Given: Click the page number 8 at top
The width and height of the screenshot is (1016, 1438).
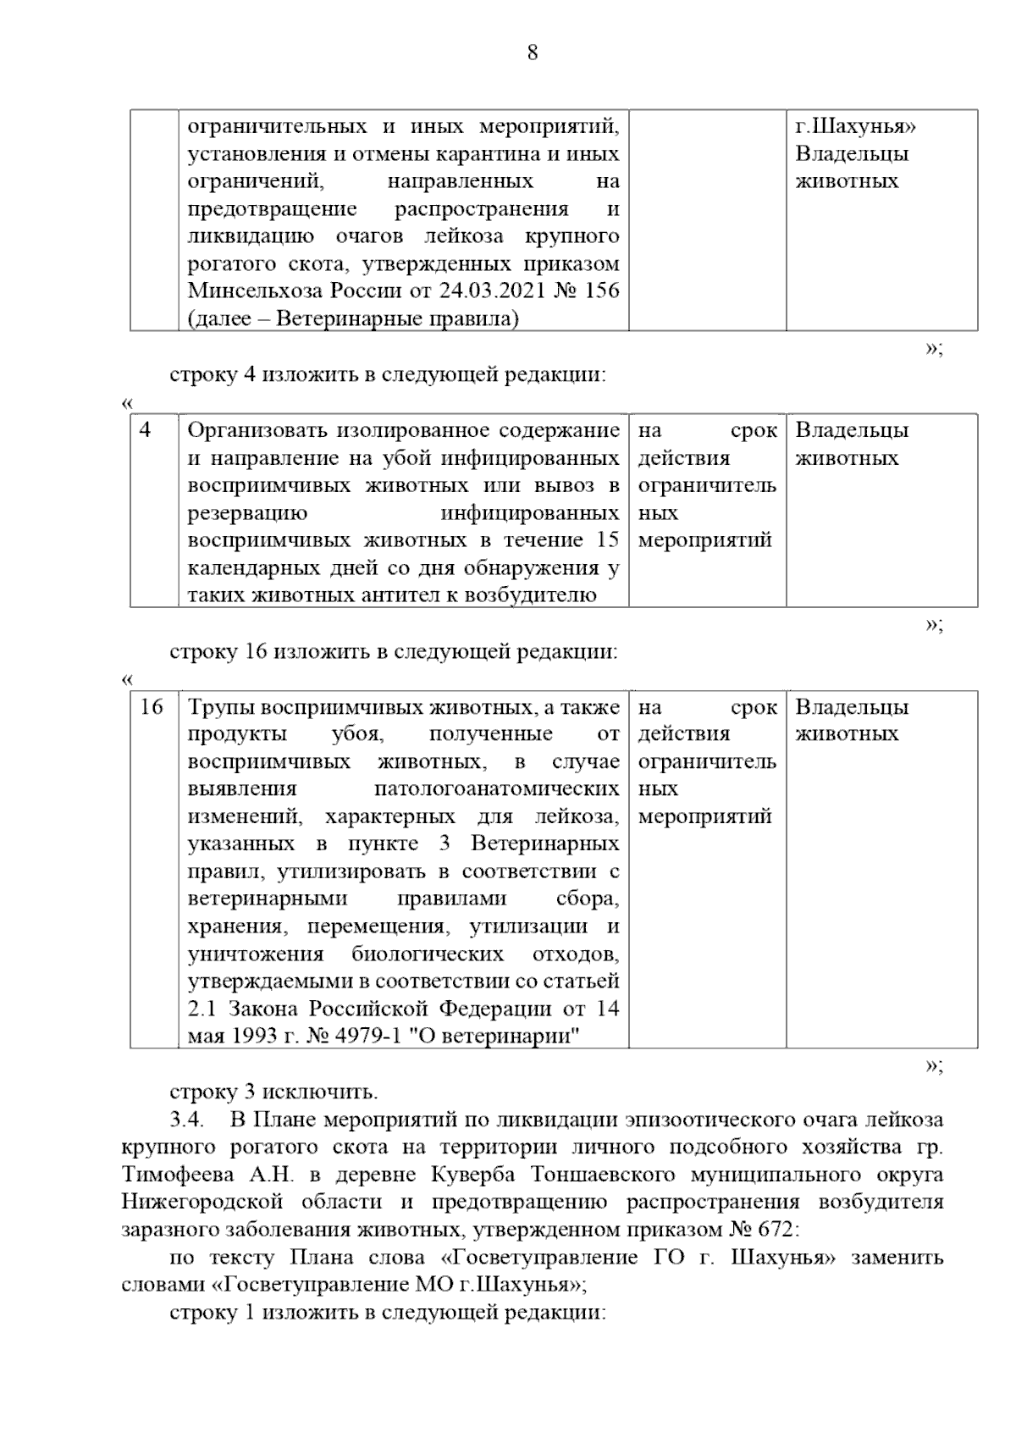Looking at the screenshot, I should tap(532, 53).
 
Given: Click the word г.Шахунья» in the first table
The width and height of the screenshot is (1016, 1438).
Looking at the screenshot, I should tap(856, 127).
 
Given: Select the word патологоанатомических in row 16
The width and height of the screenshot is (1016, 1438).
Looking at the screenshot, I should tap(497, 789).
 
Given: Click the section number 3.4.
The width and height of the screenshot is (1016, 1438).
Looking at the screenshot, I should tap(188, 1120).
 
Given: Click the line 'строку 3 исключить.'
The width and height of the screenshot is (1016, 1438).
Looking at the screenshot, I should tap(274, 1092).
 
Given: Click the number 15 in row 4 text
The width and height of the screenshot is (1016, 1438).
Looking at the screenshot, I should tap(608, 540).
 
